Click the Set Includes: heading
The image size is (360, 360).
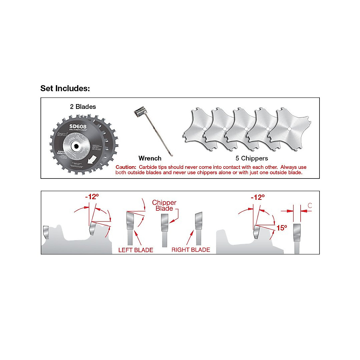coord(65,88)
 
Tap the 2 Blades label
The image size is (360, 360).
coord(83,107)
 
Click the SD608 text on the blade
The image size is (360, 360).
coord(78,126)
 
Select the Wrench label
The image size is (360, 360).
coord(150,158)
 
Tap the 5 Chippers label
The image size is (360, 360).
coord(252,158)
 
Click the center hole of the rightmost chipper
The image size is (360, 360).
coord(289,128)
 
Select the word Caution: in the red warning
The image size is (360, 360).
coord(126,167)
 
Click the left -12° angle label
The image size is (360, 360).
coord(92,197)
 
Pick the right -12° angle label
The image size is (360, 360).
coord(258,197)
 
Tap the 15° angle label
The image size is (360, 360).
coord(281,228)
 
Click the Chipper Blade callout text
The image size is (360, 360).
coord(164,205)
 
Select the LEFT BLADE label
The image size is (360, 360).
coord(136,250)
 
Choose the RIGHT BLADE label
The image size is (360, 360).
coord(191,250)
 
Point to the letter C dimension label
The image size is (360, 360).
coord(310,206)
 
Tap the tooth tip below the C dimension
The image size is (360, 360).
coord(296,232)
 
